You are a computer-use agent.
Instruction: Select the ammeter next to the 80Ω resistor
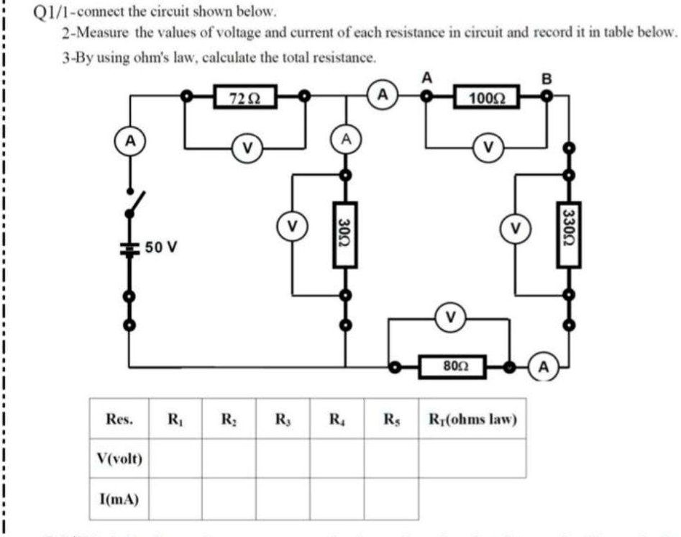(x=544, y=366)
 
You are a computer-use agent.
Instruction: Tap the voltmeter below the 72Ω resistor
(x=247, y=149)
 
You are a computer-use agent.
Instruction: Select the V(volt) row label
(x=119, y=459)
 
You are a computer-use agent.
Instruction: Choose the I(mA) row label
(x=119, y=499)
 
